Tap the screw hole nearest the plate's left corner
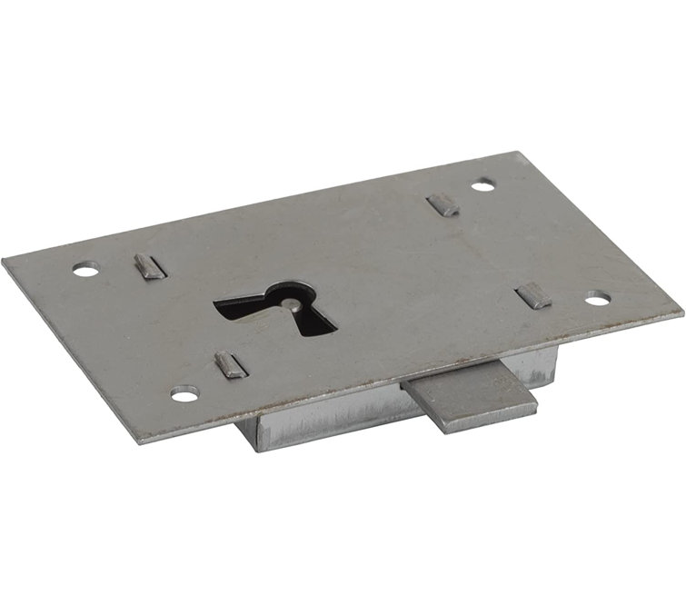point(85,270)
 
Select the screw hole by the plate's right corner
point(596,297)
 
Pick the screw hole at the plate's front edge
point(185,394)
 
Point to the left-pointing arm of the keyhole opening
point(238,304)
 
